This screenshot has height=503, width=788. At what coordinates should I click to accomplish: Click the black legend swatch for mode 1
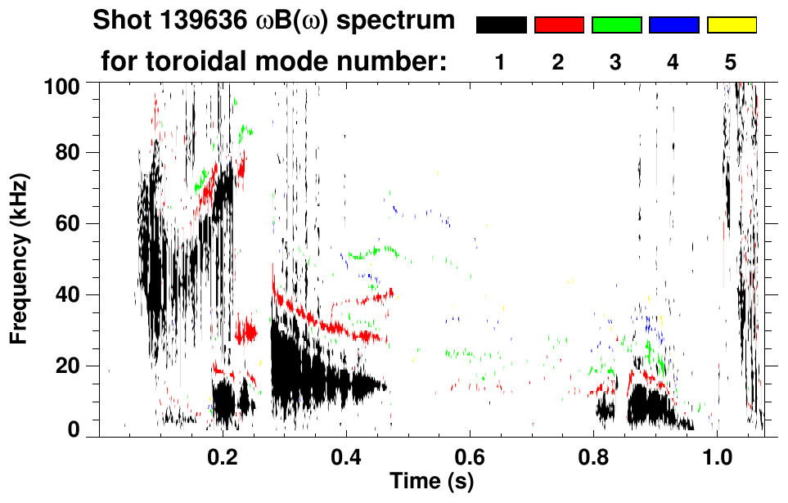501,25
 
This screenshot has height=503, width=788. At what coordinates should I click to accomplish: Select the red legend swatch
559,25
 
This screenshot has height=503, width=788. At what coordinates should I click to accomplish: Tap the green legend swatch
616,25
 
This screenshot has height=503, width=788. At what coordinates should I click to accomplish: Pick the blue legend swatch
673,25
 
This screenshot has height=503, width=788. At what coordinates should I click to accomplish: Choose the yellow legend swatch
732,25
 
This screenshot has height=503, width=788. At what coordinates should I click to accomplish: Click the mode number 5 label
731,61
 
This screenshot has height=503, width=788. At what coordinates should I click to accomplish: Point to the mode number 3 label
615,61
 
